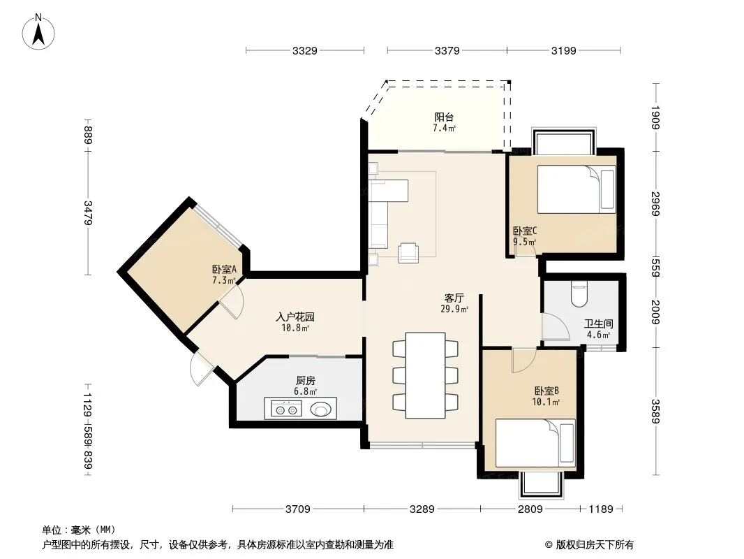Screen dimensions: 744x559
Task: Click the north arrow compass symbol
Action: pos(38,31)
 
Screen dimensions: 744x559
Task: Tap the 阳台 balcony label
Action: pos(444,117)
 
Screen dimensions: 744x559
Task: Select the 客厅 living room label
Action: pos(454,298)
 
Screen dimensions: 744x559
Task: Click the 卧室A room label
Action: pos(224,269)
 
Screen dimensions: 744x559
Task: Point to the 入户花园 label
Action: pos(295,317)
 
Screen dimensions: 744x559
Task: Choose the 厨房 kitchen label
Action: pos(306,380)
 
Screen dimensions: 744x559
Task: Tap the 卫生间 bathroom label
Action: pos(598,324)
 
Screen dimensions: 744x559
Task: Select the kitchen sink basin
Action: pos(321,409)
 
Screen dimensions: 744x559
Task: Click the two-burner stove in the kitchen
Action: pos(286,409)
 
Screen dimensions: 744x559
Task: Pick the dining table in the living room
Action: pos(425,375)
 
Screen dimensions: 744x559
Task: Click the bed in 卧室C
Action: pos(576,189)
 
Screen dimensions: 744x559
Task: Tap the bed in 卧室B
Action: pos(535,443)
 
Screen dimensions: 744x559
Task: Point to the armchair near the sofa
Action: pos(408,253)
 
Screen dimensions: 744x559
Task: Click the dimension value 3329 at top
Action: pos(304,50)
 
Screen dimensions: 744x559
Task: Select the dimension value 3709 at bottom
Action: pos(298,509)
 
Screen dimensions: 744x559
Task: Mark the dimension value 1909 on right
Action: pos(655,117)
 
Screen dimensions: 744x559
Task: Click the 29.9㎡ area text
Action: pos(454,309)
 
